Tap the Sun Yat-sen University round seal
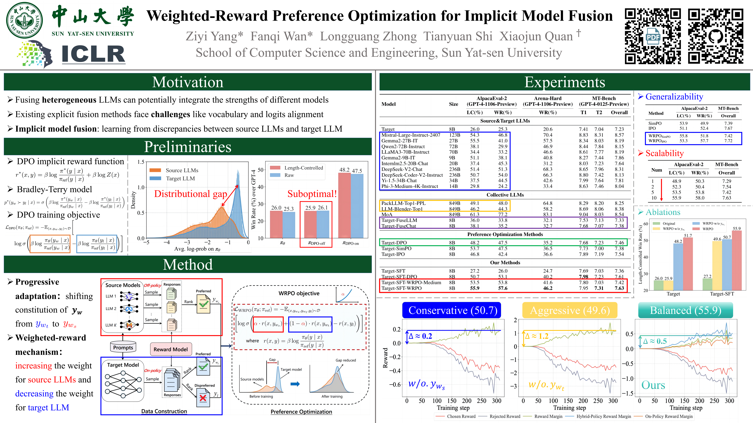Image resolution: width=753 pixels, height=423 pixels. (x=25, y=20)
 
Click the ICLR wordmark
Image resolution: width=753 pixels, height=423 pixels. (x=94, y=54)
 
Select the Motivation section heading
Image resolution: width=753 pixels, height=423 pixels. (x=188, y=82)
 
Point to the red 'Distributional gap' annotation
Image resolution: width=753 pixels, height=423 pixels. (x=191, y=194)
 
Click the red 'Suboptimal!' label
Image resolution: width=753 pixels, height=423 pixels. (x=312, y=194)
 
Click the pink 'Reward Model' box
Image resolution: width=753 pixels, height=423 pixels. (x=171, y=349)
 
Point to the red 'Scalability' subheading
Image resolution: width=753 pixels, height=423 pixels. (x=664, y=153)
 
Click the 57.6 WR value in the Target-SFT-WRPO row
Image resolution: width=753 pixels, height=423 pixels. (x=503, y=288)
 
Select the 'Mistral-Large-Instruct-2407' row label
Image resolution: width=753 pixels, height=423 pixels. (x=411, y=135)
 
